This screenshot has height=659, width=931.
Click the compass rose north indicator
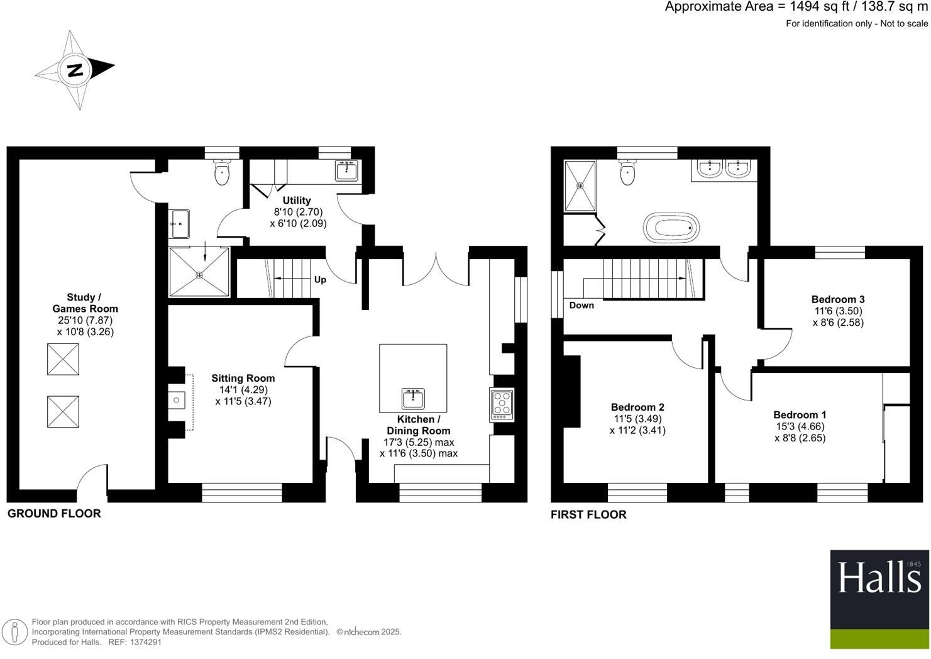(75, 70)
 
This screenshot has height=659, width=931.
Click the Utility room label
(296, 201)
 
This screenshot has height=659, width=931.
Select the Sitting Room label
(243, 378)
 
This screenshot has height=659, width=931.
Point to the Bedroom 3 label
(837, 299)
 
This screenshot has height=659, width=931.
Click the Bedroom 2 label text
(637, 407)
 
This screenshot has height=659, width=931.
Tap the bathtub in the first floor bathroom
(671, 227)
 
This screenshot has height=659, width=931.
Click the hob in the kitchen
(502, 404)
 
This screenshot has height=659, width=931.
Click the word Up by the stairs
(320, 280)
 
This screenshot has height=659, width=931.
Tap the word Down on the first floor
(581, 306)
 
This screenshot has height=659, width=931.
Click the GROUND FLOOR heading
(54, 514)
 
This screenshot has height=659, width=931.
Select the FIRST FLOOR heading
(588, 515)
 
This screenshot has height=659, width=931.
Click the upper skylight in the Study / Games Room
(63, 359)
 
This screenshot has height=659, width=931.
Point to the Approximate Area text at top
(796, 7)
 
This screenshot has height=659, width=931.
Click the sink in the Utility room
(346, 170)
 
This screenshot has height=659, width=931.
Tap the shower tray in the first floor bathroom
(580, 186)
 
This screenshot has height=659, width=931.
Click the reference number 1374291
(144, 642)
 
